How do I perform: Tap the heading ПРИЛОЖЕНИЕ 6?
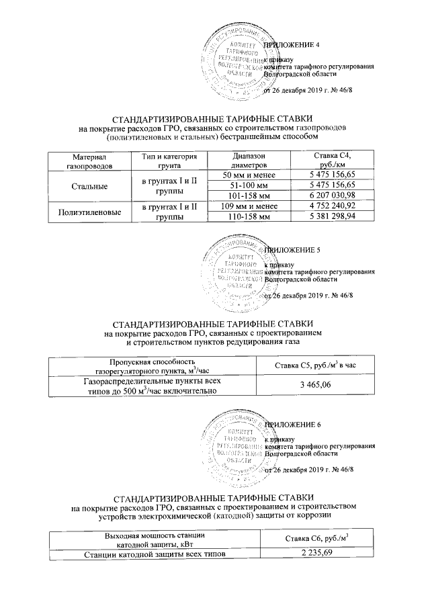coord(294,425)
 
